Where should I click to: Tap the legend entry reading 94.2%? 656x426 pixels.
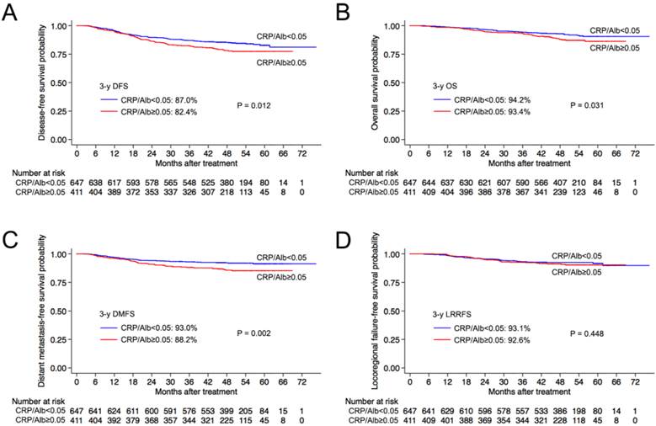493,99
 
